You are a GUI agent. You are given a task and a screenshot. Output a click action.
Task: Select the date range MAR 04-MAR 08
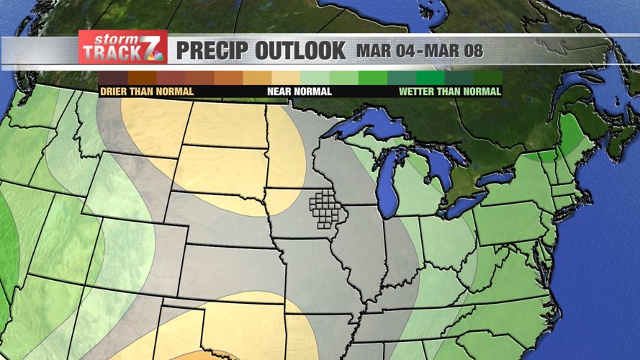click(x=419, y=52)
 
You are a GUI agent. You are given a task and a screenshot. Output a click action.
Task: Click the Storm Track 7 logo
click(x=122, y=48)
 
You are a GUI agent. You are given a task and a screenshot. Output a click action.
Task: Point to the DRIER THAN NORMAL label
click(x=147, y=91)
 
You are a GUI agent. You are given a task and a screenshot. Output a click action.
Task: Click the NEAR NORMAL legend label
click(x=299, y=91)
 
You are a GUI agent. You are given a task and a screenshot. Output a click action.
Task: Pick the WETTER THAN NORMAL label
click(x=450, y=91)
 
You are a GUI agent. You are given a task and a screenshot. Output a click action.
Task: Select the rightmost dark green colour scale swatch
click(x=488, y=77)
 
